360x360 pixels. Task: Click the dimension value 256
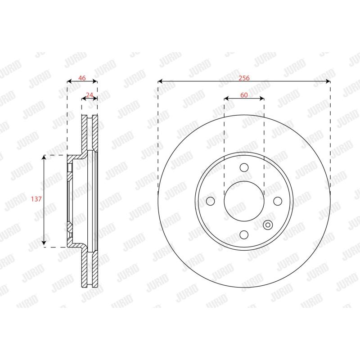click(244, 78)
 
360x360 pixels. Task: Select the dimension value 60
click(244, 95)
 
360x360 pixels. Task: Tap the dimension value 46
click(82, 78)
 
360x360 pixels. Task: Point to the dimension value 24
click(89, 95)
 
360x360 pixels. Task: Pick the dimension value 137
click(36, 199)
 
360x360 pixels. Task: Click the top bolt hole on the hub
click(244, 167)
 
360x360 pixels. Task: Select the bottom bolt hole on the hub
click(244, 234)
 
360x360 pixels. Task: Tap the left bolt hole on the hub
click(211, 201)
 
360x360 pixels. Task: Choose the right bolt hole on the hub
click(278, 201)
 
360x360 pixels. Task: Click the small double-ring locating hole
click(268, 225)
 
